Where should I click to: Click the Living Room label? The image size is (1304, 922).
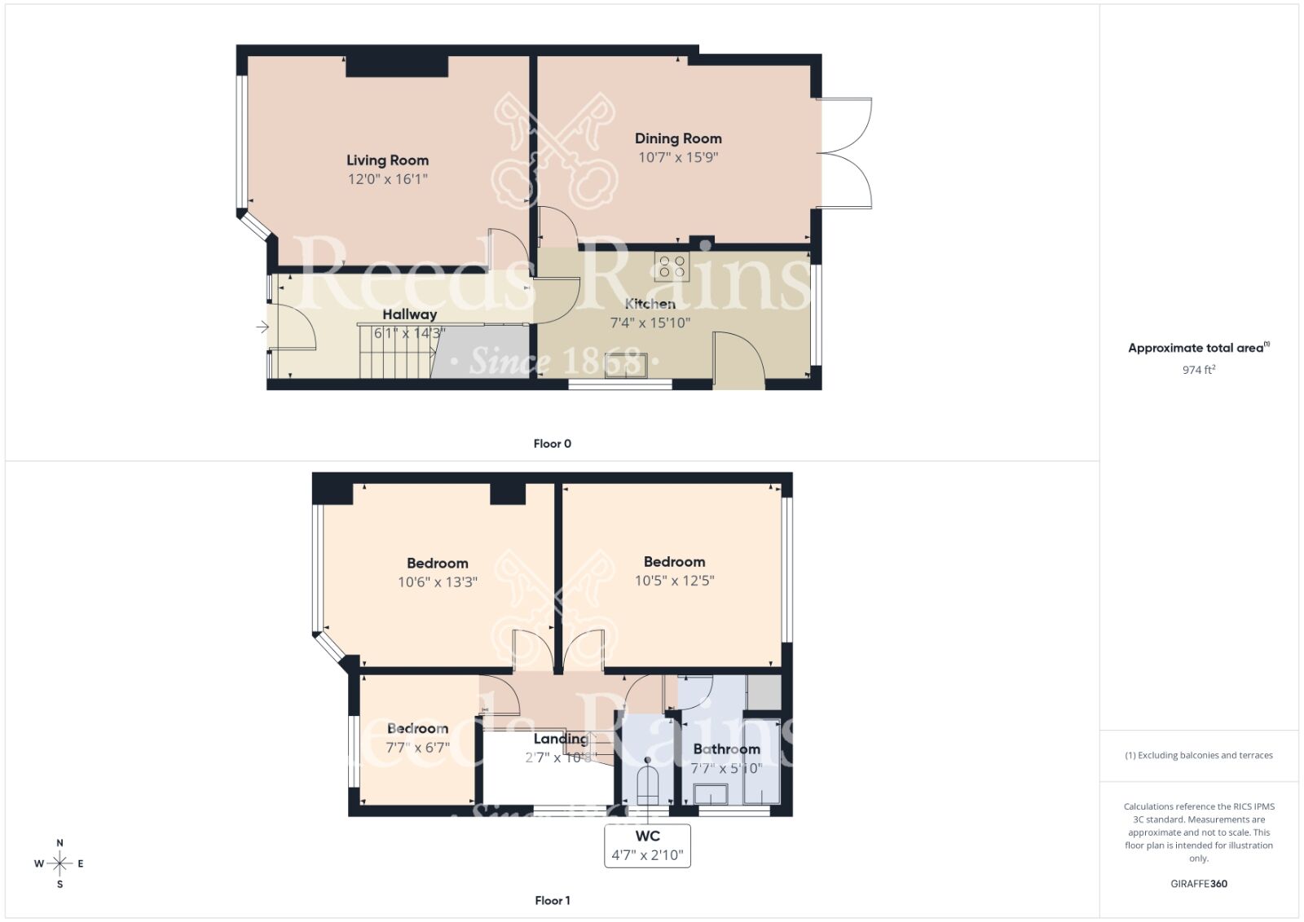387,160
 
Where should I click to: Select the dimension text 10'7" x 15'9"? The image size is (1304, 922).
678,157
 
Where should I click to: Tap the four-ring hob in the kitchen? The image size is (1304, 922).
672,266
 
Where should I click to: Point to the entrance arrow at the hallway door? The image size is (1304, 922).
262,327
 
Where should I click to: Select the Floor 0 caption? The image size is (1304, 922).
552,444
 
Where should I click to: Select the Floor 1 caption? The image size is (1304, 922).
552,900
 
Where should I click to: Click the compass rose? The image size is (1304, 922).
59,863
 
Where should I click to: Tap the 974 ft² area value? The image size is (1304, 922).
1198,370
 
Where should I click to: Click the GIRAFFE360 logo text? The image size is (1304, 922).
1198,884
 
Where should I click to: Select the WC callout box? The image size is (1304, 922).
647,845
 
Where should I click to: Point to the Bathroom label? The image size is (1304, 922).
726,749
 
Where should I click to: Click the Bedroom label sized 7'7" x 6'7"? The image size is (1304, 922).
417,728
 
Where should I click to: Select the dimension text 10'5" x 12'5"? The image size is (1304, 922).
674,581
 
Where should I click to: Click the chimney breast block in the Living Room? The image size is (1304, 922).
397,66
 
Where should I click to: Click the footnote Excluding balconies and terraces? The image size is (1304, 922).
1198,755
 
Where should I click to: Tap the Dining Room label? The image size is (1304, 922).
678,138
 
